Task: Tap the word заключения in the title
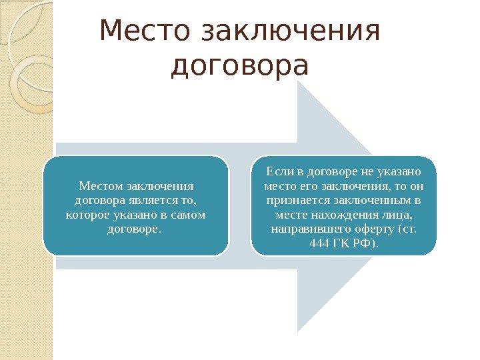[291, 32]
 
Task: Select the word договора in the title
[240, 66]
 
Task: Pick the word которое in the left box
[87, 215]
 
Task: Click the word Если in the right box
[277, 171]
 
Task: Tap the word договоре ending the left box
[133, 229]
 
